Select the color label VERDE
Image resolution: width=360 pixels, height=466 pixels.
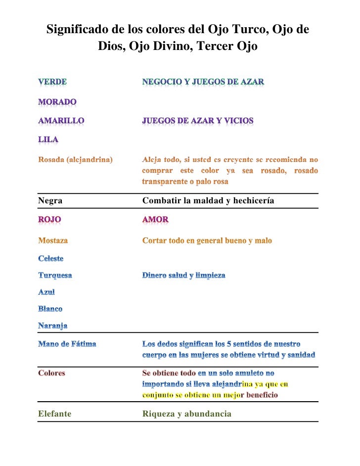tap(53, 82)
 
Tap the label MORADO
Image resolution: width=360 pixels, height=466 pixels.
tap(57, 102)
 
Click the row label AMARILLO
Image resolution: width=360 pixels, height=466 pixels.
tap(61, 120)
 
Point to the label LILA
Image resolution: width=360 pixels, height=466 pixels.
tap(48, 140)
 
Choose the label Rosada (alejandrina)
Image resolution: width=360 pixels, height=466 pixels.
tap(75, 160)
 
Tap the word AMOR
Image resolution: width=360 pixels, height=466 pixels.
tap(155, 219)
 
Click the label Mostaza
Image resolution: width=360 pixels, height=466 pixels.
tap(53, 241)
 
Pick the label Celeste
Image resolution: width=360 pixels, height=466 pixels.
tap(51, 258)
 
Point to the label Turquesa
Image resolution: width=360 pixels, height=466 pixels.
tap(55, 275)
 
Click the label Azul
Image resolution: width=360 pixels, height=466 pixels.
tap(46, 292)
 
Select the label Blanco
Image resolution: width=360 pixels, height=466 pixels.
tap(50, 309)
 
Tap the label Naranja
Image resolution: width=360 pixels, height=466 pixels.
tap(53, 326)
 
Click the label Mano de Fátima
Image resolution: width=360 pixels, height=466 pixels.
tap(67, 344)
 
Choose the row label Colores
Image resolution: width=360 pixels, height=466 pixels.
tap(51, 373)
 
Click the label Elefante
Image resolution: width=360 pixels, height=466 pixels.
tap(54, 414)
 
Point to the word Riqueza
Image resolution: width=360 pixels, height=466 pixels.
tap(158, 414)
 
